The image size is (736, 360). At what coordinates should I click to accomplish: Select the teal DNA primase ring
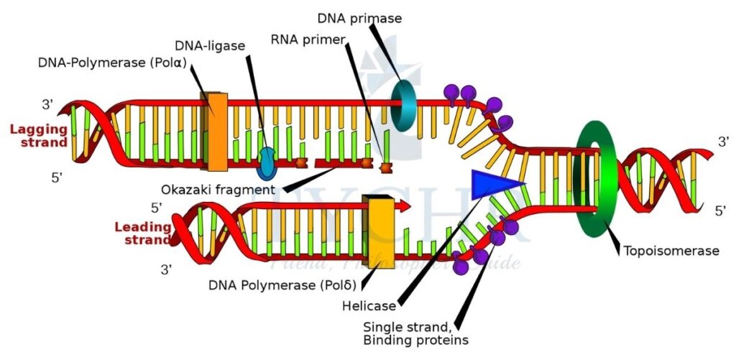(404, 106)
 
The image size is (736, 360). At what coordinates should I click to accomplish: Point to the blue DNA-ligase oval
(267, 162)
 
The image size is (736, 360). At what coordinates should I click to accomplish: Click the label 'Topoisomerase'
(671, 251)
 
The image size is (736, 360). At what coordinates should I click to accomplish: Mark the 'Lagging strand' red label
(39, 136)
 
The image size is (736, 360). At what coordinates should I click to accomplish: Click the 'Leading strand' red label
(142, 234)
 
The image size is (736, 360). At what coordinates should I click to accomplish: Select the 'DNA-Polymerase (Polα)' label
(113, 63)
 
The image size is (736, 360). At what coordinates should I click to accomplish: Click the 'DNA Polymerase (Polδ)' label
(282, 285)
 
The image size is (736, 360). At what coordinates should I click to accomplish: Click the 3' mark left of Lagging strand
(48, 105)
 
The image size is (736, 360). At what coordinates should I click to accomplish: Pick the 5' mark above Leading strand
(157, 208)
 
